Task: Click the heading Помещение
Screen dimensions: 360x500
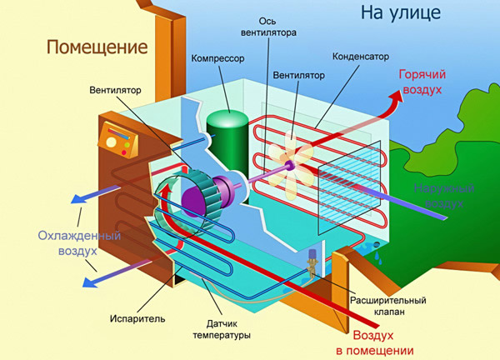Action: [91, 45]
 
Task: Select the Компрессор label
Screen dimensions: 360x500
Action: [216, 59]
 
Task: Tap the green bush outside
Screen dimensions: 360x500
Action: [467, 167]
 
